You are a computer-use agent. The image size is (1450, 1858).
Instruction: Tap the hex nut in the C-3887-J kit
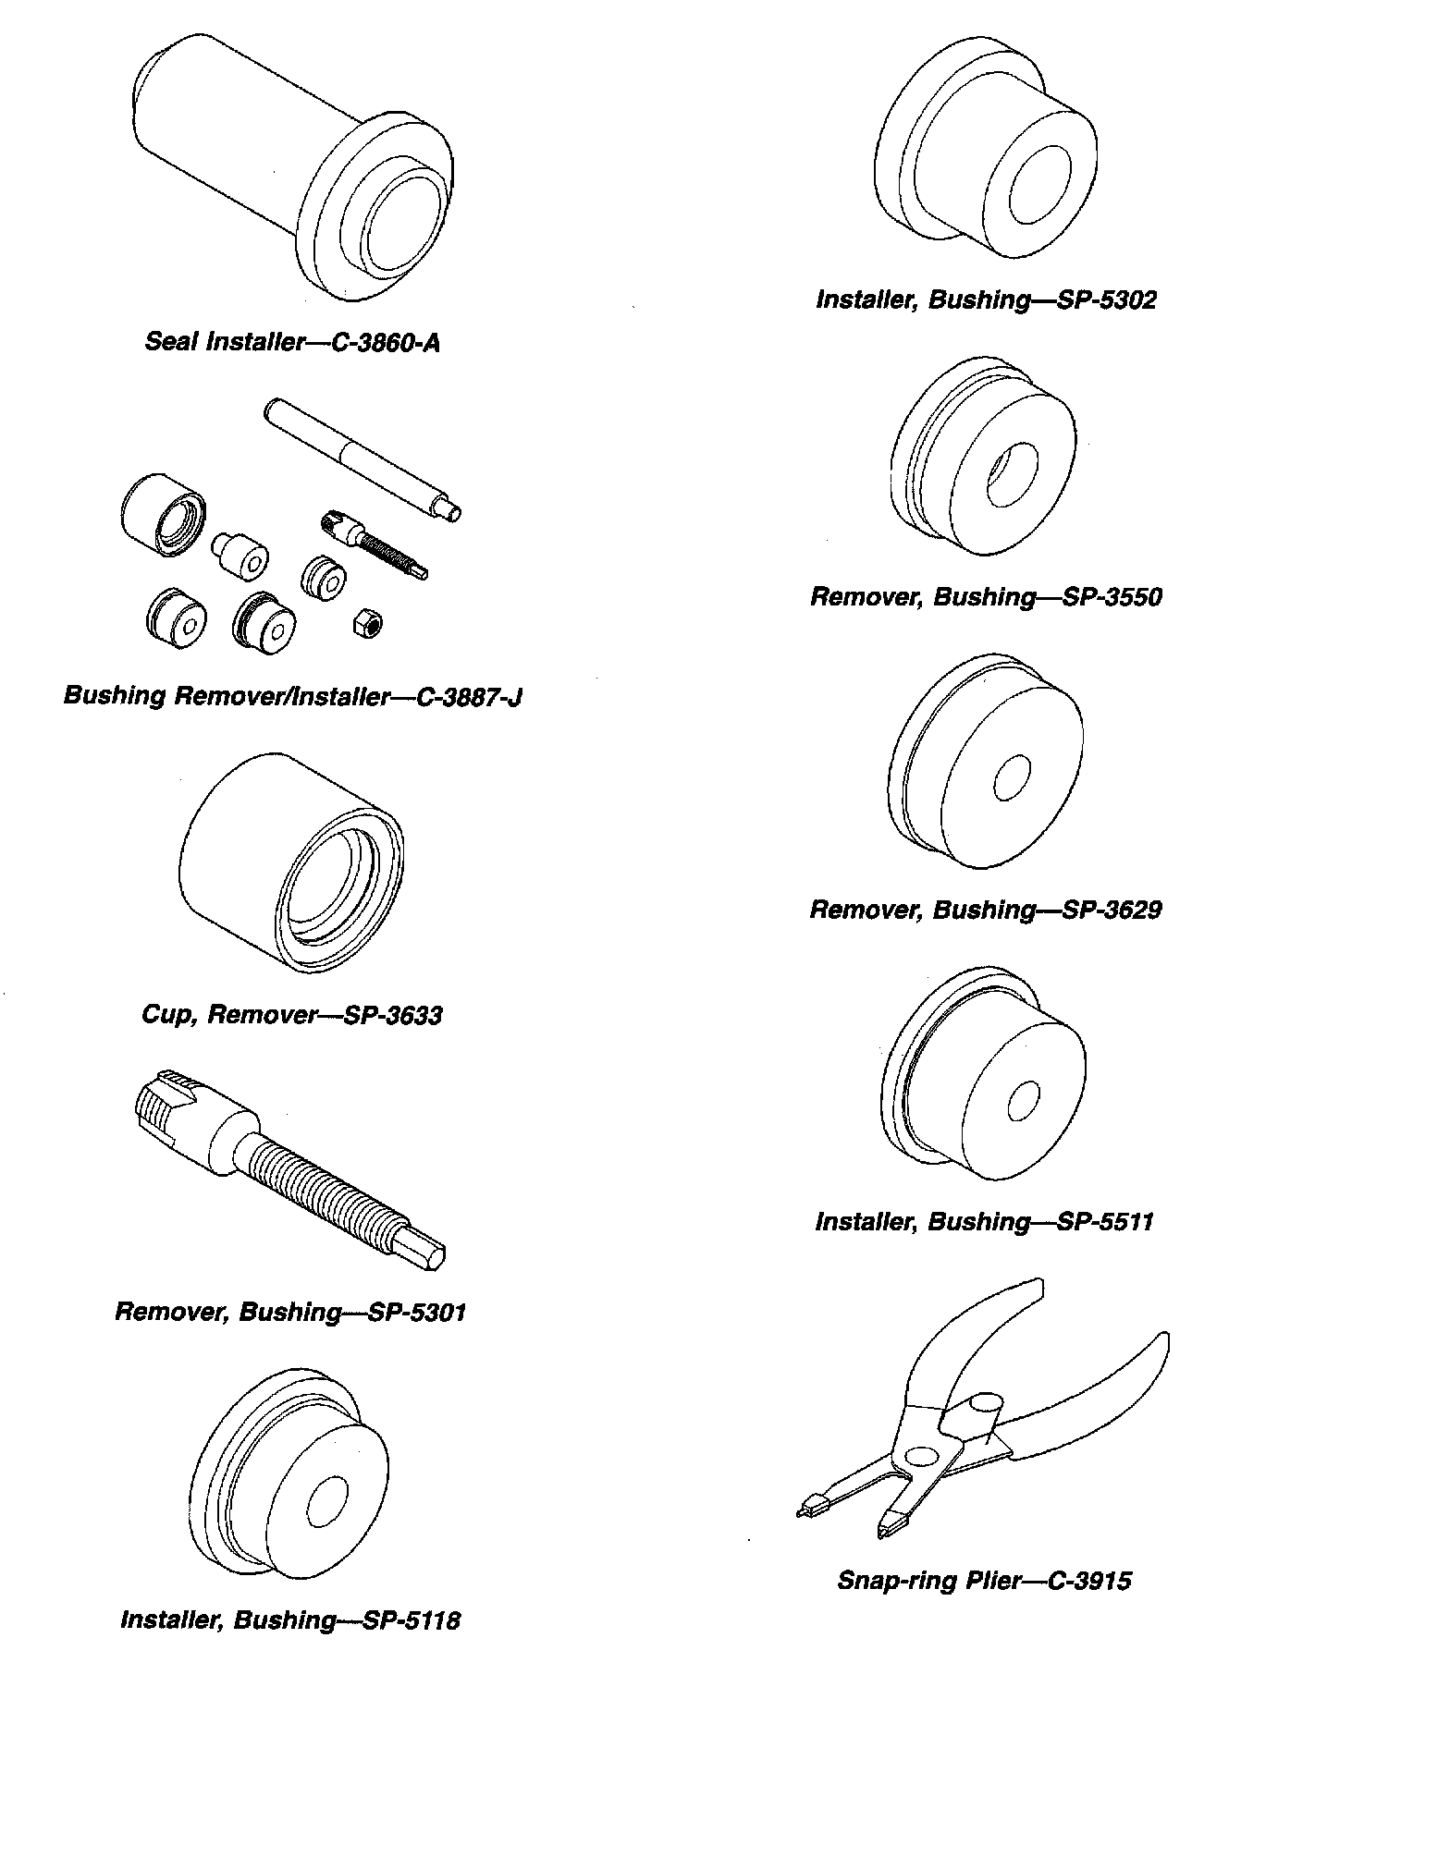[368, 625]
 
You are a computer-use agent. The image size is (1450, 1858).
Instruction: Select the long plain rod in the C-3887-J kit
[361, 458]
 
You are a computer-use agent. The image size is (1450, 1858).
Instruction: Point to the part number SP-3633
[392, 1015]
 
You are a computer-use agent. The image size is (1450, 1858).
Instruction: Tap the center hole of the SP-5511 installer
[1022, 1100]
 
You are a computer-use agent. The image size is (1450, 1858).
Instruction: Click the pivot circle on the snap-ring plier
[921, 1455]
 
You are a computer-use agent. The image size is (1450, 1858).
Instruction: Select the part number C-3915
[1088, 1581]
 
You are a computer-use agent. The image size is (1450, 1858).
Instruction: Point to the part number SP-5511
[1104, 1222]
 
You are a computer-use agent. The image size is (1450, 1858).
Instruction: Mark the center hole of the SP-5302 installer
[1039, 184]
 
